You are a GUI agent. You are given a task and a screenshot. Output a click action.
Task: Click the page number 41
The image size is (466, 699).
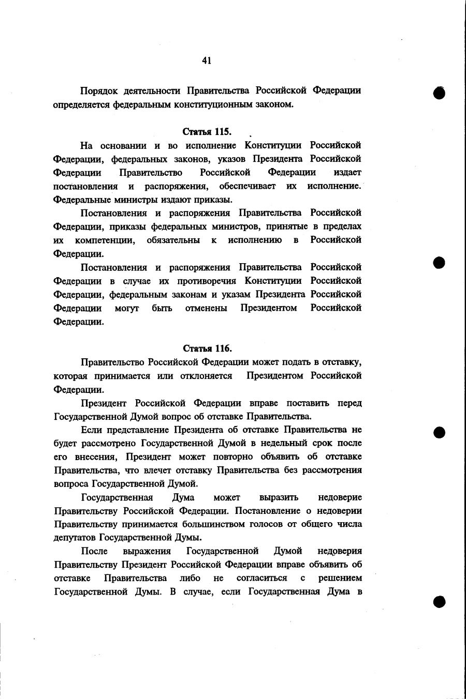[x=207, y=60]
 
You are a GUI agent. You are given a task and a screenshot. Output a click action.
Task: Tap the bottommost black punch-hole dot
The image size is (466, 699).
[x=440, y=601]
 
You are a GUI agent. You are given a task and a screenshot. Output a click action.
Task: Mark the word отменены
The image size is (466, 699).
[x=206, y=308]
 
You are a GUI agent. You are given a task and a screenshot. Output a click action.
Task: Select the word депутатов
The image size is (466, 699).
[x=75, y=538]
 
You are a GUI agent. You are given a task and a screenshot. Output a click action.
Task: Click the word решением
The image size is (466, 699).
[x=340, y=578]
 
